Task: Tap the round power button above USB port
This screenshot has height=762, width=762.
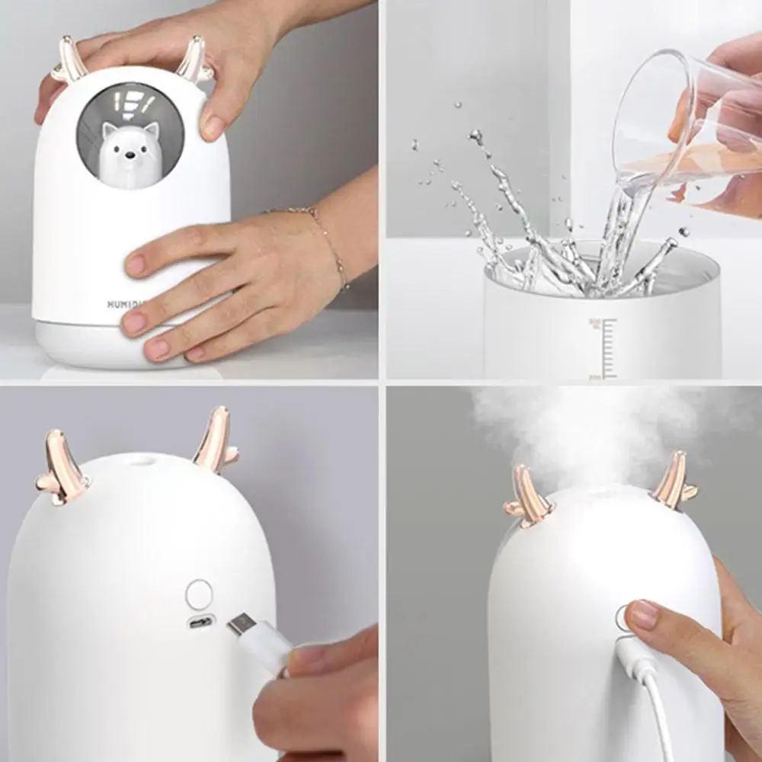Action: [x=200, y=594]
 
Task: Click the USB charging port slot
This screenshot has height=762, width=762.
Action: [x=201, y=621]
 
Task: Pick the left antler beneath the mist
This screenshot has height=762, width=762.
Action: [x=527, y=495]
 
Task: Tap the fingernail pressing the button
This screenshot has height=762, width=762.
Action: [x=642, y=614]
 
